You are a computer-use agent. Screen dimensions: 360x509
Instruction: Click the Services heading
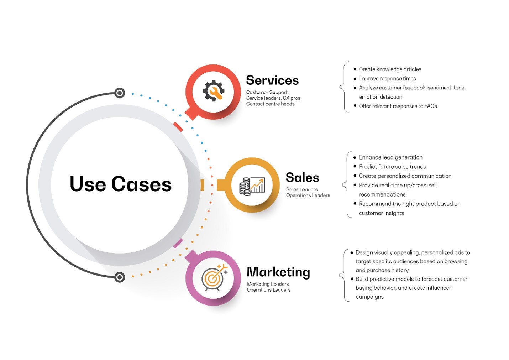point(272,80)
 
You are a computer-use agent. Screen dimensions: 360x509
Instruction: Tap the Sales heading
point(302,177)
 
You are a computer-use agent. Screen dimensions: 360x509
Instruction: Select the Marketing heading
point(278,272)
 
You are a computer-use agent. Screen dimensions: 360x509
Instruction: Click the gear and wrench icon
point(213,91)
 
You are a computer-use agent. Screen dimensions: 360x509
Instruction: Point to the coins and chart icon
point(252,186)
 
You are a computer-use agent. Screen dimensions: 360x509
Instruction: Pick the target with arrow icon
point(214,277)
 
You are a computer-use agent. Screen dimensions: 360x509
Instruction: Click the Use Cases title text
point(121,184)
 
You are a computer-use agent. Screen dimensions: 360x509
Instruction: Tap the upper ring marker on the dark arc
point(120,93)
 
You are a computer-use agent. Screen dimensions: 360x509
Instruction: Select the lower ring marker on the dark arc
point(120,277)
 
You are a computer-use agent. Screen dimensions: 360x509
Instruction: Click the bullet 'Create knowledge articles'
point(390,69)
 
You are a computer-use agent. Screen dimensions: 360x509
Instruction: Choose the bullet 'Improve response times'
point(387,78)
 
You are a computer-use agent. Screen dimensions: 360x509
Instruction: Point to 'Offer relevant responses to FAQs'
point(398,106)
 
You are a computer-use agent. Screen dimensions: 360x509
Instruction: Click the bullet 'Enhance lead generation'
point(390,157)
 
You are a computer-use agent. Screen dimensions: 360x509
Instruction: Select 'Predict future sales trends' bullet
point(392,167)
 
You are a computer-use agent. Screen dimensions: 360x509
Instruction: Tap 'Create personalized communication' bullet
point(405,176)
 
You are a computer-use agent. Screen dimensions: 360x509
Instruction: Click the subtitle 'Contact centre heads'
point(270,104)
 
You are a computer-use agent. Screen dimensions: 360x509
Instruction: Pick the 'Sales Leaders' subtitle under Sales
point(302,189)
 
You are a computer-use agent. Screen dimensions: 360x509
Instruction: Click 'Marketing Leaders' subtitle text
point(268,284)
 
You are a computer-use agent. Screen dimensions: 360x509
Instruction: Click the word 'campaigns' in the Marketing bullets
point(369,297)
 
